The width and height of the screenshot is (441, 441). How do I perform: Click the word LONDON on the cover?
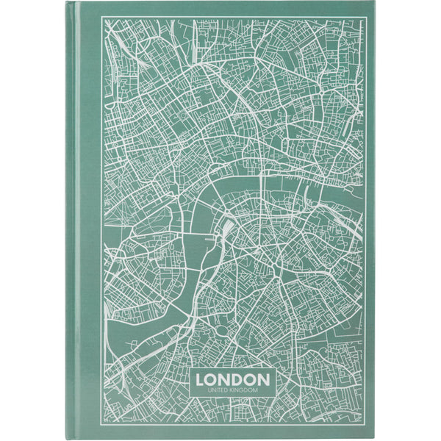pos(233,379)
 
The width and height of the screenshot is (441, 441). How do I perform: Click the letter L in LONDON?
pos(202,379)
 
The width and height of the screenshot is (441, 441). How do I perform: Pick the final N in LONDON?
pos(263,379)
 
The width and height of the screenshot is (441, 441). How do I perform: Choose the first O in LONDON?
pos(213,379)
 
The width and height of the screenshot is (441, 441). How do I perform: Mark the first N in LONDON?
pos(226,379)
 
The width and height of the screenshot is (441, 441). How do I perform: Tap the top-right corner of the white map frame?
pos(365,16)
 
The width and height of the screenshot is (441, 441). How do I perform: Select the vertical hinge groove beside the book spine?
pos(80,220)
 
